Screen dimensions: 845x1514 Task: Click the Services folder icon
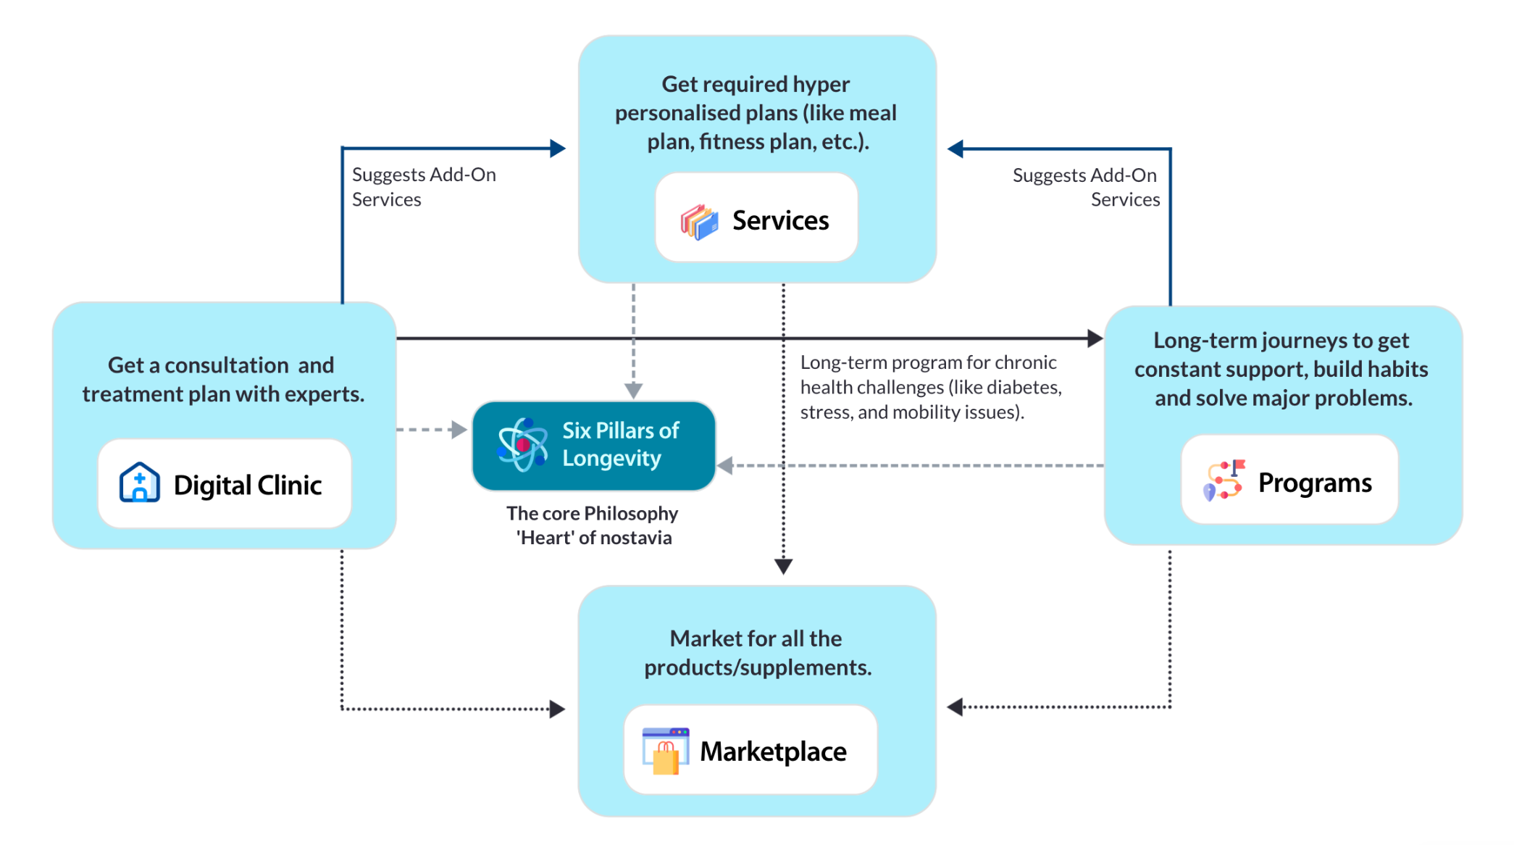pyautogui.click(x=699, y=221)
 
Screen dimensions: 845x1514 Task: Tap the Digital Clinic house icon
pyautogui.click(x=139, y=483)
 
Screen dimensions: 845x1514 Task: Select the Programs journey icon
pyautogui.click(x=1224, y=480)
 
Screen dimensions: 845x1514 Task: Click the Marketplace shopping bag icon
pyautogui.click(x=665, y=752)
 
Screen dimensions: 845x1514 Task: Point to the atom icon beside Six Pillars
pyautogui.click(x=522, y=444)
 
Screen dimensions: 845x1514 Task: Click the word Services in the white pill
pyautogui.click(x=780, y=220)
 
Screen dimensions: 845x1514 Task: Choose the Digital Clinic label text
pyautogui.click(x=248, y=485)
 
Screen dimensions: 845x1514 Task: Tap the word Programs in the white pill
pyautogui.click(x=1315, y=483)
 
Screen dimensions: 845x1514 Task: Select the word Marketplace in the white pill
pyautogui.click(x=773, y=752)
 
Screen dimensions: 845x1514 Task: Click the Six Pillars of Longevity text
pyautogui.click(x=620, y=444)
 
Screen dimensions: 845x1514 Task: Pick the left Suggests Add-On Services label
pyautogui.click(x=424, y=187)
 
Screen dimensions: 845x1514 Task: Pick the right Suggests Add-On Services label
pyautogui.click(x=1086, y=187)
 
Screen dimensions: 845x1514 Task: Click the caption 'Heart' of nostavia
pyautogui.click(x=593, y=538)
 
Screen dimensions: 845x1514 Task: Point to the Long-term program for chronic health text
pyautogui.click(x=930, y=387)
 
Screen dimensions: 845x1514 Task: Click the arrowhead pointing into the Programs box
pyautogui.click(x=1095, y=338)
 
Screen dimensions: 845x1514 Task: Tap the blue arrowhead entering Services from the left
pyautogui.click(x=557, y=149)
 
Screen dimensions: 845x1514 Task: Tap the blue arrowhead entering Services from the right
pyautogui.click(x=955, y=149)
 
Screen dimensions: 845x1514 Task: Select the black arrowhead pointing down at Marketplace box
pyautogui.click(x=783, y=566)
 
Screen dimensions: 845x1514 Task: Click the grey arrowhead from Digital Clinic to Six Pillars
pyautogui.click(x=459, y=430)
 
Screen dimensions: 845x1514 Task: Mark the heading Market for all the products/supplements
pyautogui.click(x=757, y=652)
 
